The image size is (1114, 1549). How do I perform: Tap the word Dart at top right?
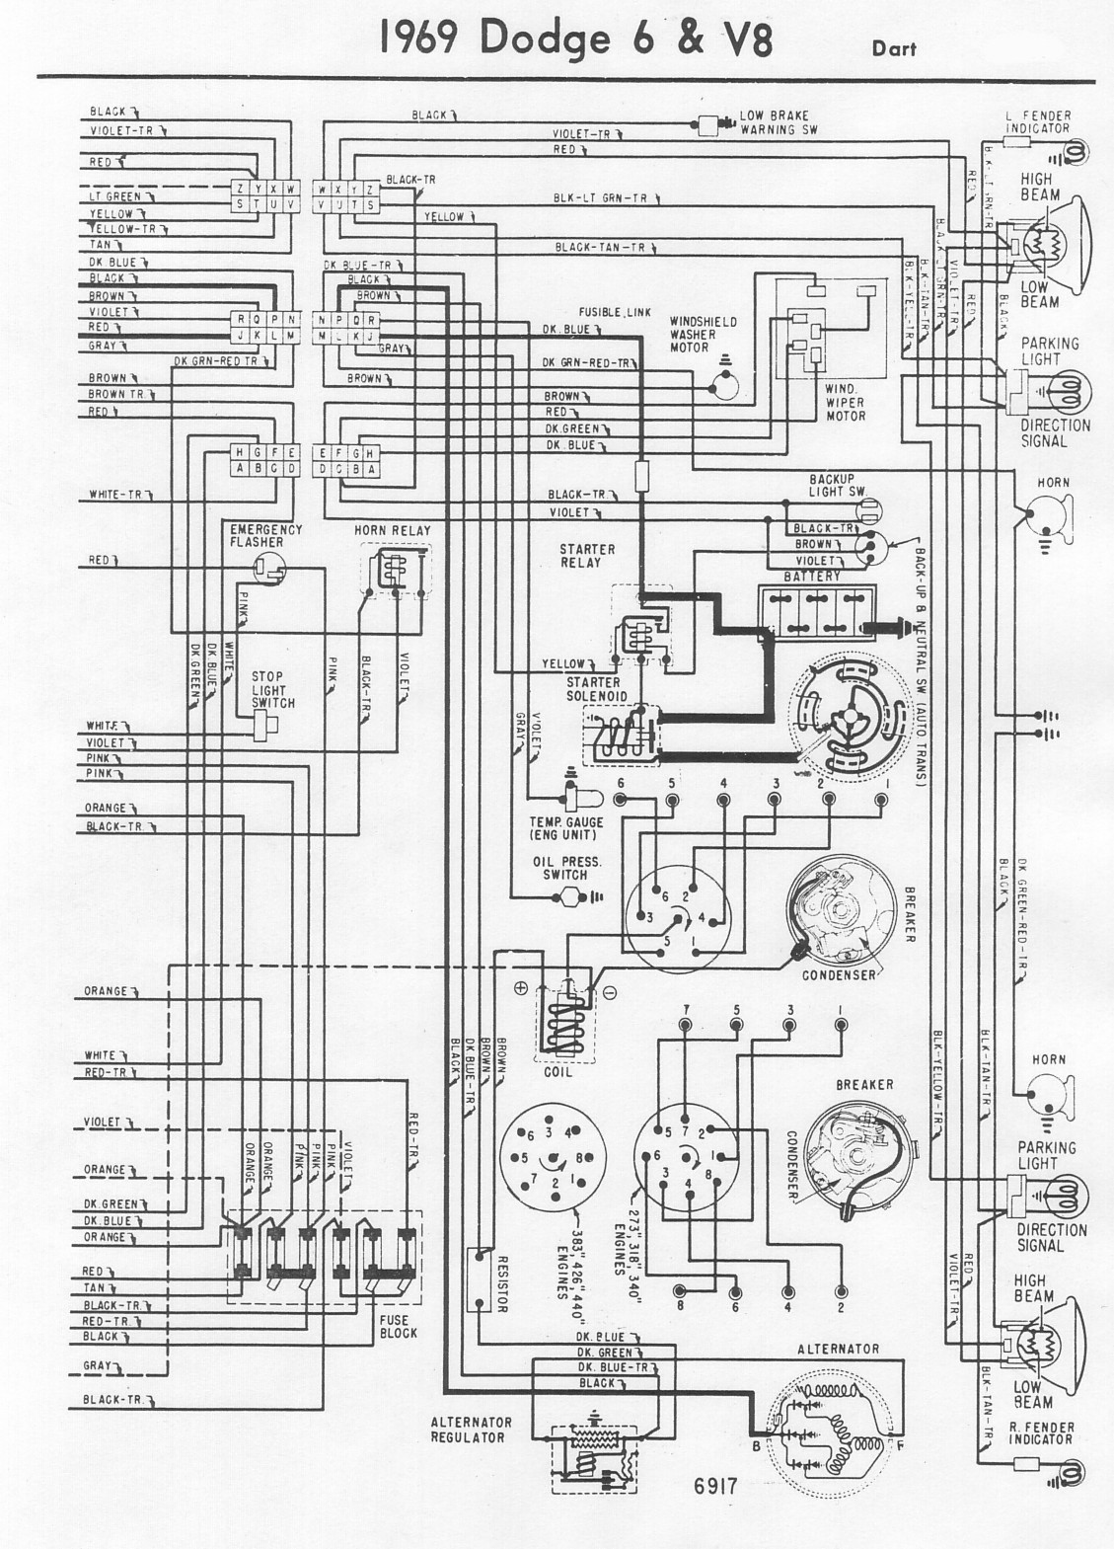[x=894, y=46]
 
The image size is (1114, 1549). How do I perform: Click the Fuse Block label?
[x=399, y=1326]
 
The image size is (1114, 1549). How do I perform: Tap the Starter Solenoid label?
[x=593, y=689]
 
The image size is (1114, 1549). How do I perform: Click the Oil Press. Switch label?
[x=567, y=868]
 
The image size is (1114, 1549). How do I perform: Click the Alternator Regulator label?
[x=472, y=1430]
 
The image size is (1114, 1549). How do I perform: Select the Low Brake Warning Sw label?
[x=780, y=122]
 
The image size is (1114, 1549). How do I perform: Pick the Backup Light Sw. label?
[x=837, y=484]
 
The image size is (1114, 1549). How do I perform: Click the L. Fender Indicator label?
[x=1037, y=121]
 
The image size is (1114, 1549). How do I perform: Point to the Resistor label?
[x=501, y=1284]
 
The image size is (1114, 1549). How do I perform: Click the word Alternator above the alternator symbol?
[x=838, y=1349]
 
